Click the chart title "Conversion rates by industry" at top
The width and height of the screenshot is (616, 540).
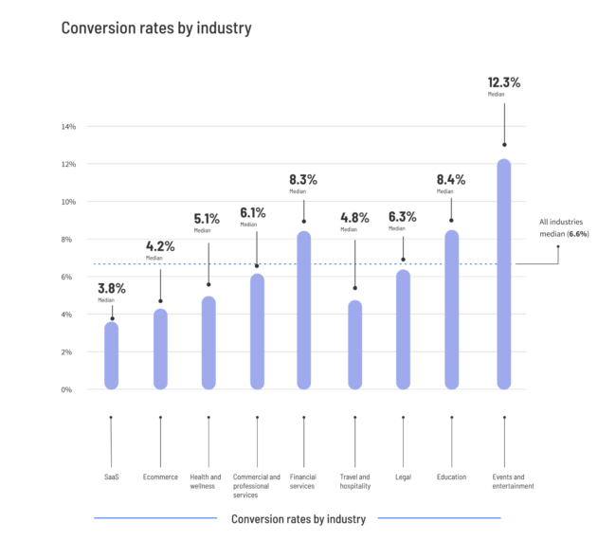[x=156, y=27]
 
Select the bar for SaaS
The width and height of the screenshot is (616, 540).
[x=112, y=355]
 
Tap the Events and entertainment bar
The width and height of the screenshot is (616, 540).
[x=504, y=275]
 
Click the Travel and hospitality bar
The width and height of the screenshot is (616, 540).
[x=354, y=345]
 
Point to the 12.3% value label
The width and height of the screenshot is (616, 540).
[x=504, y=82]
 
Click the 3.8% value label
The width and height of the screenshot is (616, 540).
[x=112, y=288]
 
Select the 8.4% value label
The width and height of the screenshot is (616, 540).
[x=451, y=179]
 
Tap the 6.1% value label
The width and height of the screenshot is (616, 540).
[x=253, y=212]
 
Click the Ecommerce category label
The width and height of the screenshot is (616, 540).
[x=160, y=477]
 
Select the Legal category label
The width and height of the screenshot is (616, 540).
[x=403, y=477]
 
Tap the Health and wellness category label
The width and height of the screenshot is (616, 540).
[x=206, y=481]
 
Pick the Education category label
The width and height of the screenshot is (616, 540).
[x=451, y=477]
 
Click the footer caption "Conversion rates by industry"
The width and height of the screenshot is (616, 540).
[x=299, y=518]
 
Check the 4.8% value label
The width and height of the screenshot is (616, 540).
[x=354, y=217]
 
